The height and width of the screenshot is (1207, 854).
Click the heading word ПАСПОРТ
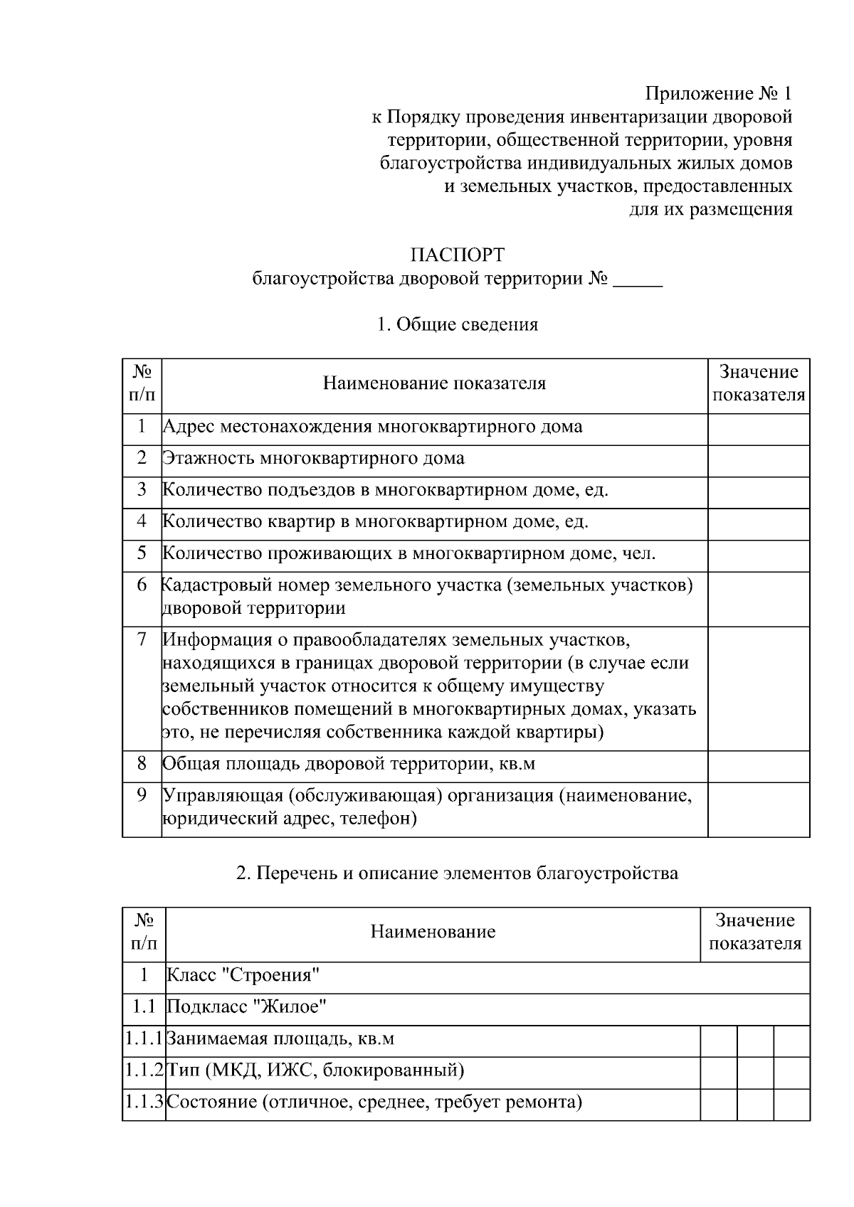[x=458, y=255]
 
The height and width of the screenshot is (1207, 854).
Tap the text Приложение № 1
[x=718, y=93]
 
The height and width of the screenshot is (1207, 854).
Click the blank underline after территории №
[x=638, y=279]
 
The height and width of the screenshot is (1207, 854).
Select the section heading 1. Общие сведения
[x=457, y=325]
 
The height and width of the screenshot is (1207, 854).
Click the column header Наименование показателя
[x=434, y=384]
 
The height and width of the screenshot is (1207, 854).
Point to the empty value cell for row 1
[x=758, y=429]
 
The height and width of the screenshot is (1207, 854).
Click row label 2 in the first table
[x=142, y=458]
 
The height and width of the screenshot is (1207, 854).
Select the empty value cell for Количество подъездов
[x=758, y=491]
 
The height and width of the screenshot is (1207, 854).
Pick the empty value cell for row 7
[x=758, y=688]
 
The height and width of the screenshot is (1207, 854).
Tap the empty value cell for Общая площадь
[x=758, y=765]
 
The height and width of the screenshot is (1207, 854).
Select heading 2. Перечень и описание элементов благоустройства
[x=457, y=873]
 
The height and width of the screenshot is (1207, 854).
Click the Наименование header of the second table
[x=433, y=932]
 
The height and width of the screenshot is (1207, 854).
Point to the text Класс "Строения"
[x=243, y=975]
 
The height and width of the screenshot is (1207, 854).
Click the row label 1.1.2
[x=144, y=1070]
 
